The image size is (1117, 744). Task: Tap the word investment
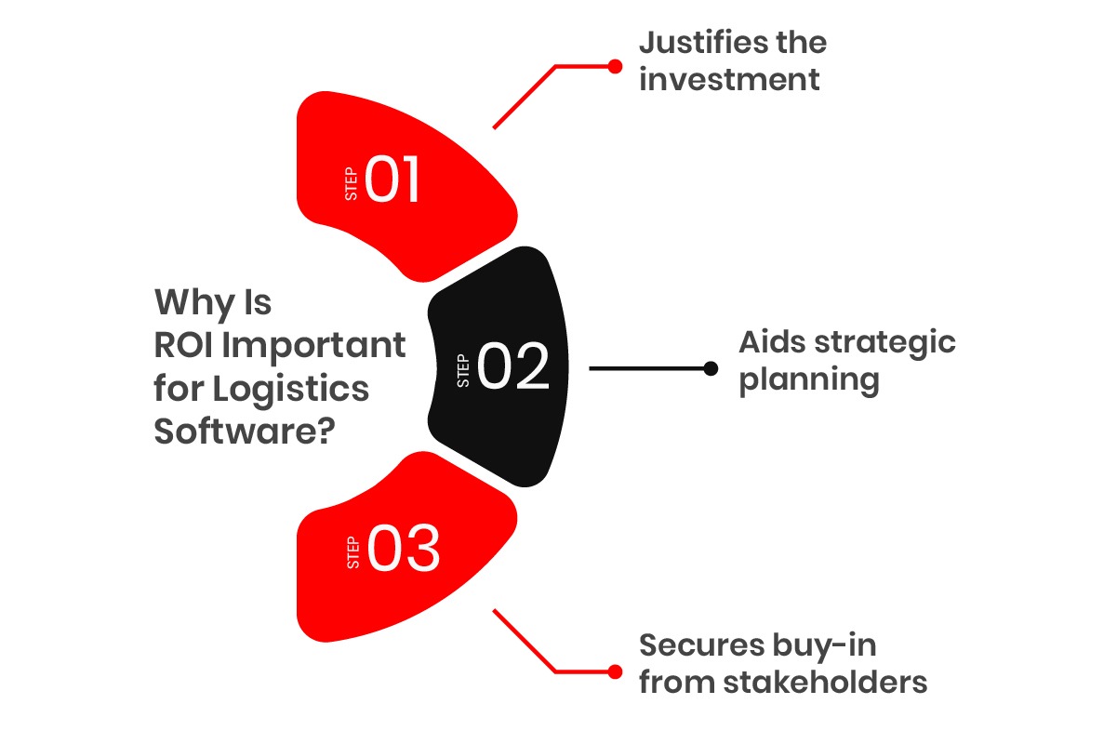(x=729, y=80)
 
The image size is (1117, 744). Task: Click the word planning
(x=809, y=380)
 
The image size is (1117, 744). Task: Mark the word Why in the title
(x=193, y=303)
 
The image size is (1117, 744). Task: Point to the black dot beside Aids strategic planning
(x=711, y=368)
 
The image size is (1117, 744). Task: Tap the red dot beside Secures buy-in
(x=614, y=671)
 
